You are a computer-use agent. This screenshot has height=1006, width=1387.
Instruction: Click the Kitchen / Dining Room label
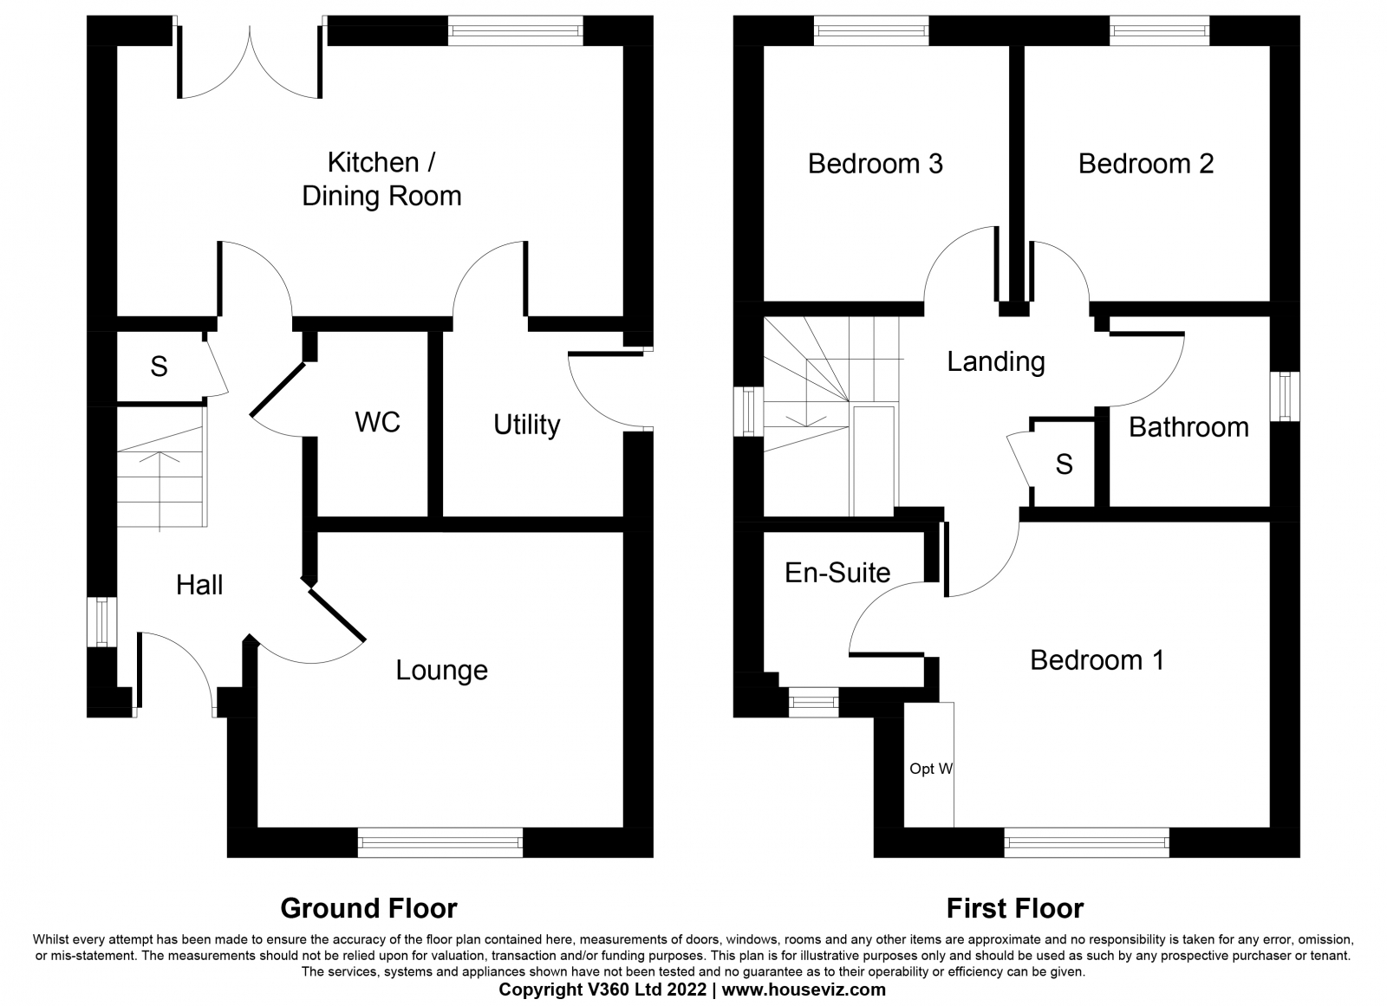pos(381,179)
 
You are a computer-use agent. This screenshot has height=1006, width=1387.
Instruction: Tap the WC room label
pos(377,423)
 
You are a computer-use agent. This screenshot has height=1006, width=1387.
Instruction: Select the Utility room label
pos(526,425)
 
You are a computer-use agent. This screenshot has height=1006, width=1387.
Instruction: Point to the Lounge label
pos(441,670)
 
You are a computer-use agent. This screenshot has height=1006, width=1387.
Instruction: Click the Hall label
pos(199,585)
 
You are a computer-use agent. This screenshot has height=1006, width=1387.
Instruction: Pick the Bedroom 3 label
pos(875,164)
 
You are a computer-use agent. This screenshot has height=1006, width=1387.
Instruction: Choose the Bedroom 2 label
pos(1145,164)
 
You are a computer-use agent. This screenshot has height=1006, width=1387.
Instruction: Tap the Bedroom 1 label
pos(1097,660)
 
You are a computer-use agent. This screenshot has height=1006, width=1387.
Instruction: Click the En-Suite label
pos(837,573)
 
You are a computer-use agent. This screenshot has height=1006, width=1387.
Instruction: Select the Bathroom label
pos(1188,427)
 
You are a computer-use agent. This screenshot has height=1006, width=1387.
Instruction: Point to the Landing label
pos(995,361)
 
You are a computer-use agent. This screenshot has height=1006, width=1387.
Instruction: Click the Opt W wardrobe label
pos(931,769)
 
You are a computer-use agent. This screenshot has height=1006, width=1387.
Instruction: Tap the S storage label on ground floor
pos(159,367)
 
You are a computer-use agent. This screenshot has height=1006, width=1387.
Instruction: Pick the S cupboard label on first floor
pos(1064,464)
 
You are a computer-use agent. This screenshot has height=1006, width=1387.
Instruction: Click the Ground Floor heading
pos(368,908)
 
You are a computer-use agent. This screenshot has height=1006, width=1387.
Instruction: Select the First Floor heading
pos(1014,908)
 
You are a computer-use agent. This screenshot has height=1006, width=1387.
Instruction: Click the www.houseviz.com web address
pos(804,990)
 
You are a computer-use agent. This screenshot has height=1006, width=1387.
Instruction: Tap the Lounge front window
pos(440,842)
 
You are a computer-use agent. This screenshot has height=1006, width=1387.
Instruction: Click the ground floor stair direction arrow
pos(161,485)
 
